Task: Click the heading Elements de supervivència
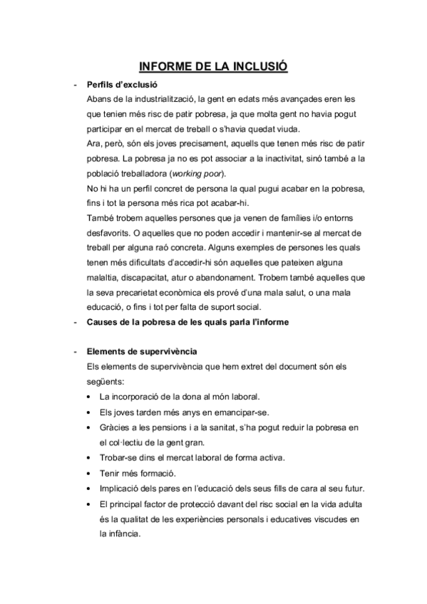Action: coord(142,352)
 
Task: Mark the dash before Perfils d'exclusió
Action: coord(75,83)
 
